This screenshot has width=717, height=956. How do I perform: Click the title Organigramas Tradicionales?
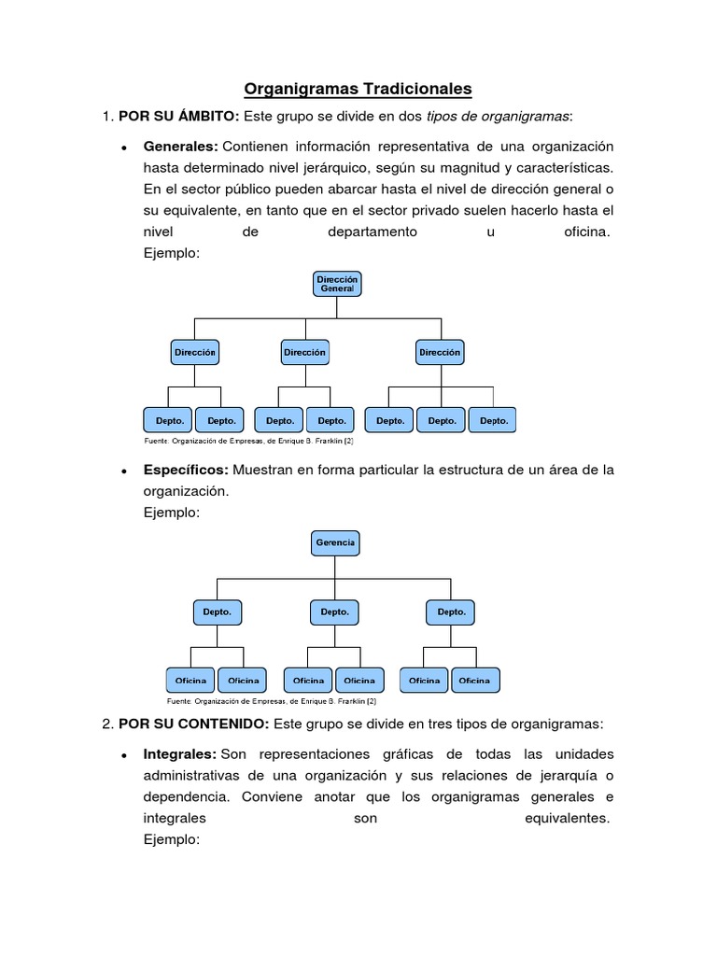358,90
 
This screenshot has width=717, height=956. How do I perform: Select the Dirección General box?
337,285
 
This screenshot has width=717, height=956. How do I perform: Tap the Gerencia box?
335,542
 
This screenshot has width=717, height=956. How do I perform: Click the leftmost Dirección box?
194,353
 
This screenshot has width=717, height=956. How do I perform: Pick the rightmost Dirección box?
440,353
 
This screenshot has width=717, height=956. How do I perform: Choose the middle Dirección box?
304,353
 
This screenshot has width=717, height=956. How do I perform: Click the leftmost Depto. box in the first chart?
169,420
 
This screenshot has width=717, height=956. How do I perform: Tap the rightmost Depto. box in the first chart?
494,420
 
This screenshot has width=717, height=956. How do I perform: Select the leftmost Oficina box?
191,681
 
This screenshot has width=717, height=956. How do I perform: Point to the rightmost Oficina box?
474,681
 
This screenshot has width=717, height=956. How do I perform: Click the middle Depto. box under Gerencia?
335,612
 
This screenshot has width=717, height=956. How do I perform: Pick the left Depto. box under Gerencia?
217,612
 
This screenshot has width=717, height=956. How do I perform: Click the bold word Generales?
180,148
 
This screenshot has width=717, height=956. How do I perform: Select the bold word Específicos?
186,470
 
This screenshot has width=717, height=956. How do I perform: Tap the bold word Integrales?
180,753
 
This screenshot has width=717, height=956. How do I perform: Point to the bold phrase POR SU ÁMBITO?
179,117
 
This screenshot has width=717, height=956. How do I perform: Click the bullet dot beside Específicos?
123,471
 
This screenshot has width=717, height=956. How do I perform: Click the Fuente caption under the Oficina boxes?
272,700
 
